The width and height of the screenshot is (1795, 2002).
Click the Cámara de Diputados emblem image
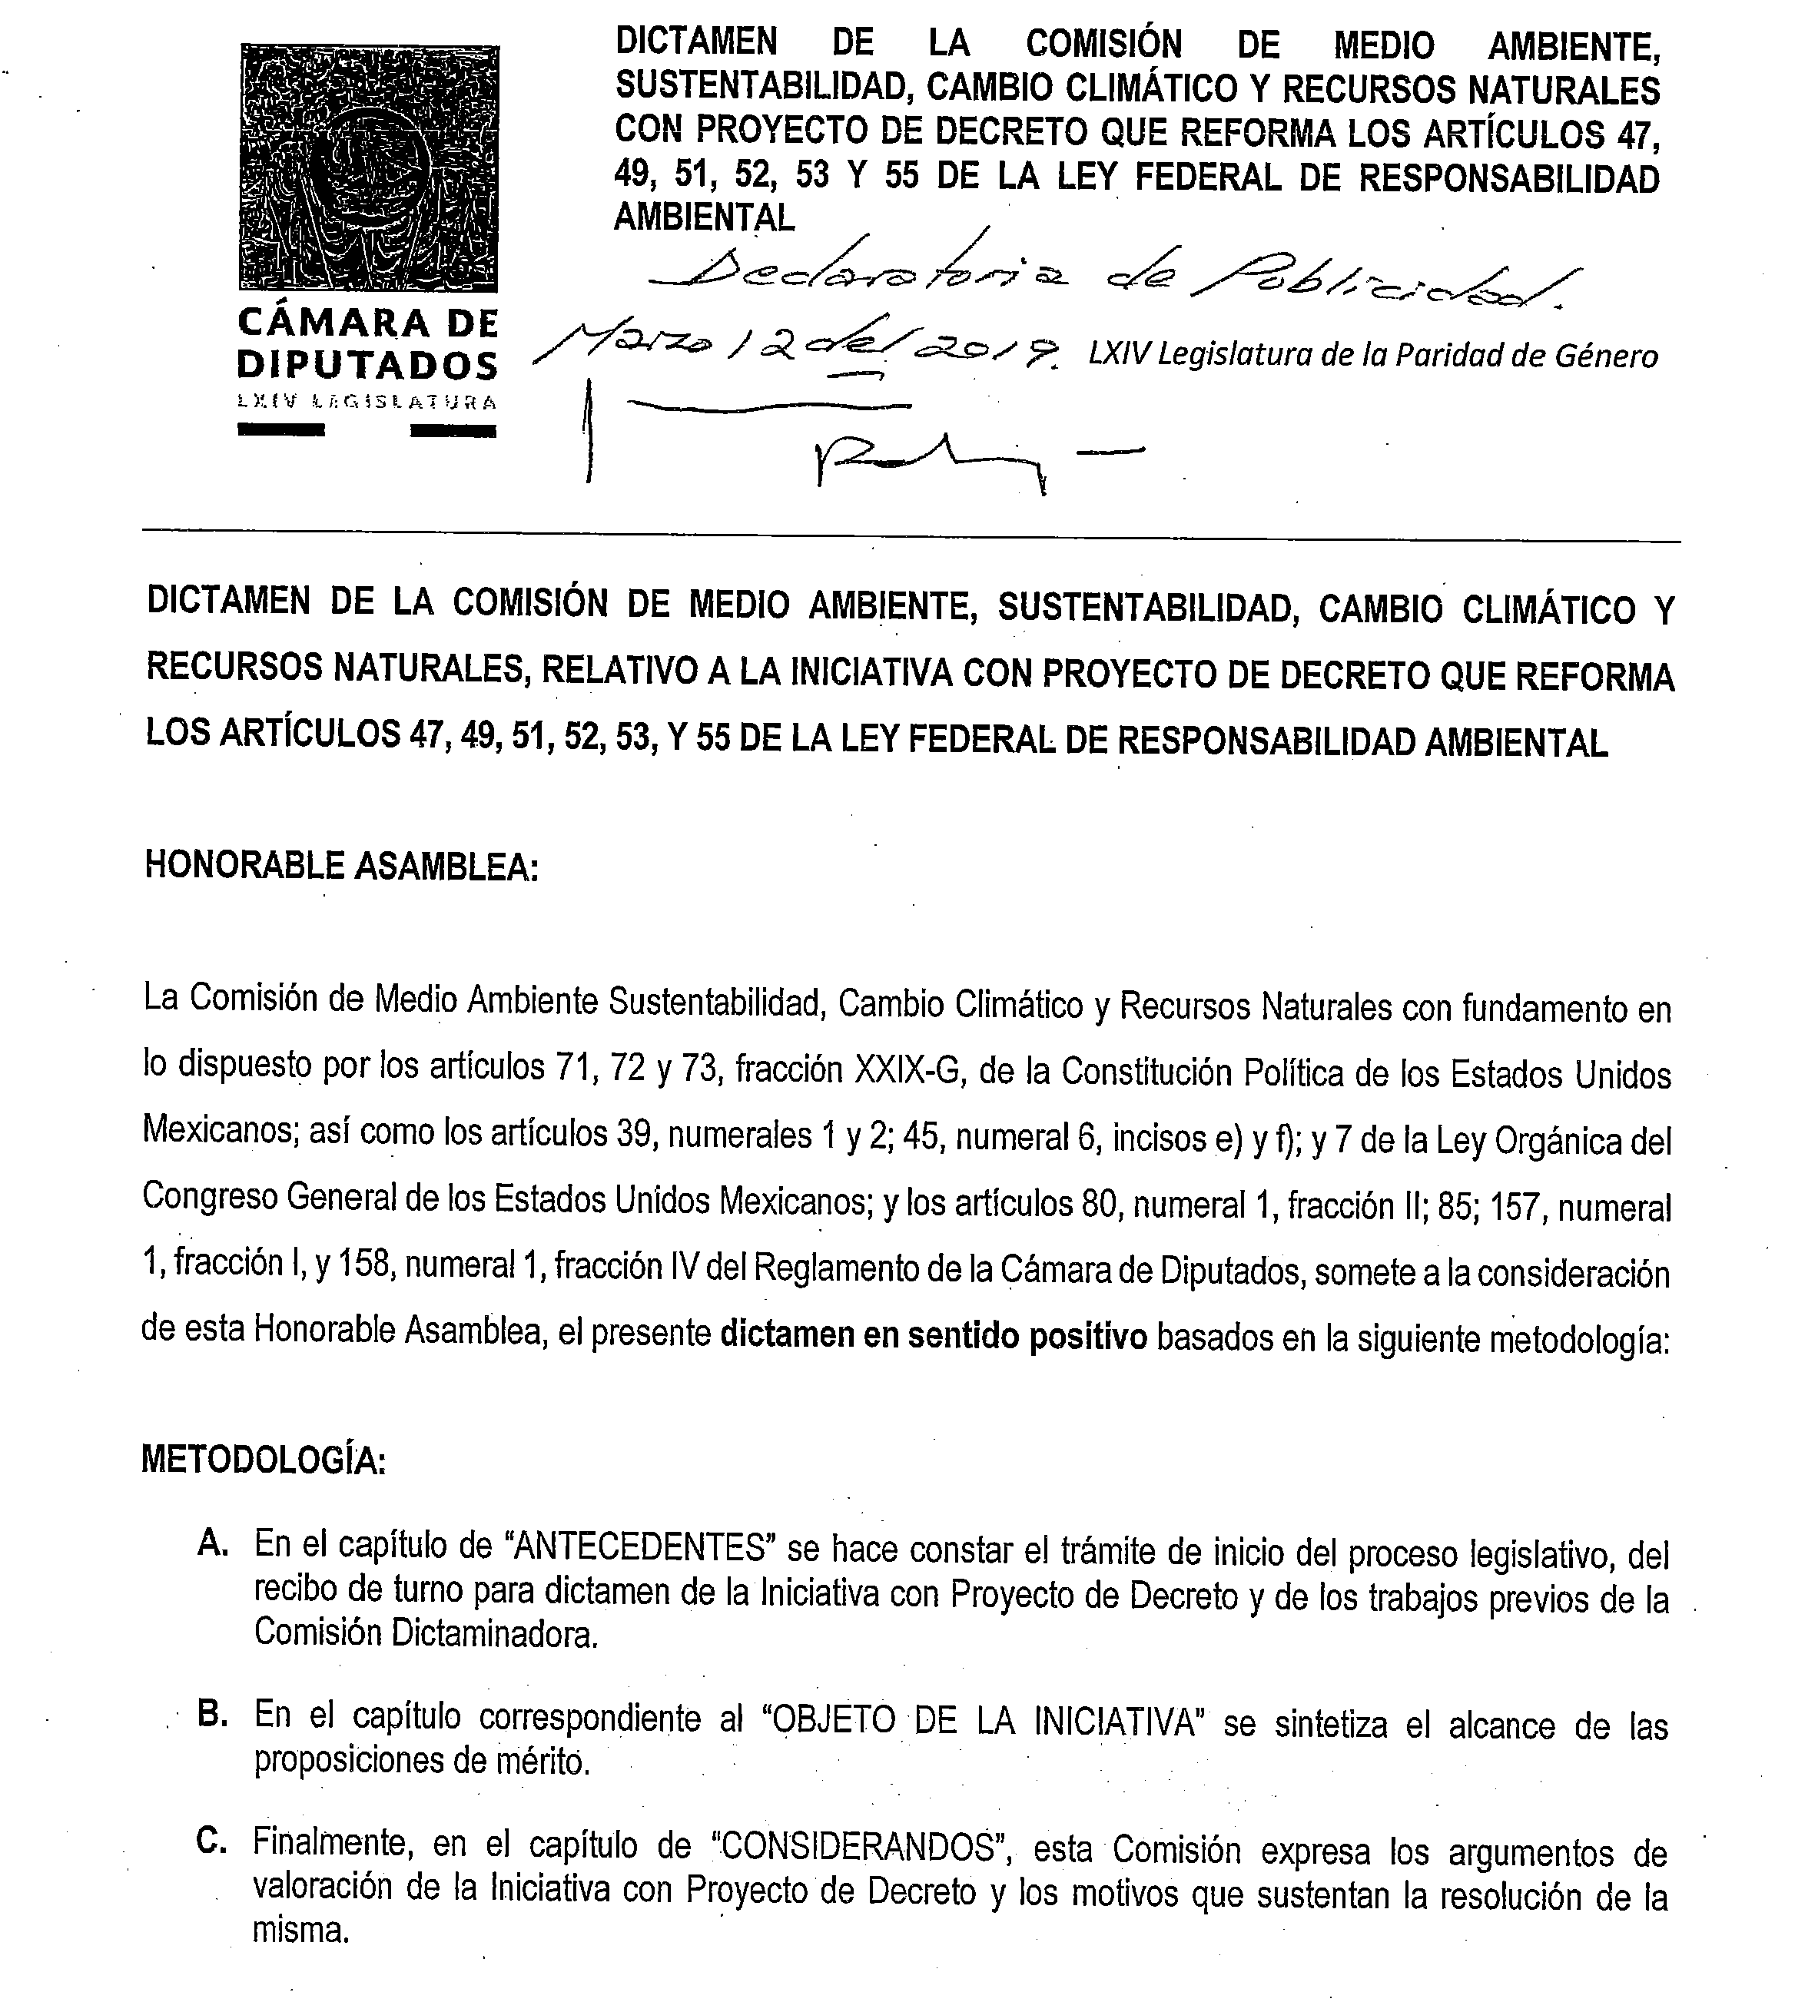click(x=369, y=167)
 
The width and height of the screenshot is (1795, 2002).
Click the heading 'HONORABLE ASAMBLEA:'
click(x=341, y=865)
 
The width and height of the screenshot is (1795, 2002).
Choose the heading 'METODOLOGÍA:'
click(x=264, y=1460)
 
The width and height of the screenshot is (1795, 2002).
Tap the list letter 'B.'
click(x=212, y=1714)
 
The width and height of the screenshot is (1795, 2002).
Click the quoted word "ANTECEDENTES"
click(x=641, y=1546)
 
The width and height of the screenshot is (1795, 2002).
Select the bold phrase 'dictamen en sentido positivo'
click(x=934, y=1336)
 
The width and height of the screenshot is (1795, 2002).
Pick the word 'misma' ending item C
click(x=300, y=1930)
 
